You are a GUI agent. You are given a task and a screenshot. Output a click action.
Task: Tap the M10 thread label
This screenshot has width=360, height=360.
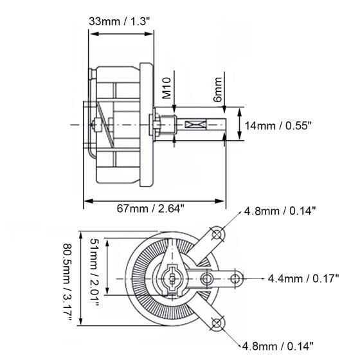[x=166, y=89]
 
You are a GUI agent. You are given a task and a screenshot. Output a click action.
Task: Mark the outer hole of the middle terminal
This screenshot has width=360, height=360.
[x=236, y=278]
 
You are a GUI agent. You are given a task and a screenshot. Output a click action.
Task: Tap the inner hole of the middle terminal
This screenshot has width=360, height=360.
[x=207, y=278]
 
